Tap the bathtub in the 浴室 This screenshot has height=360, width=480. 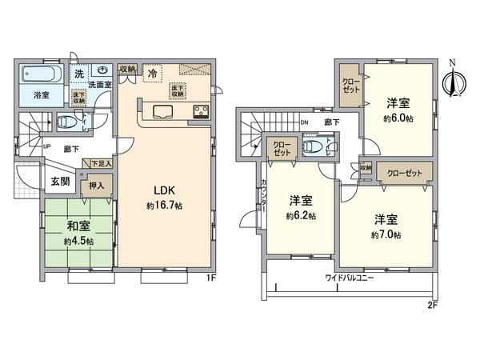pyautogui.click(x=39, y=78)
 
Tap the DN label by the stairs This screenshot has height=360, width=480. pyautogui.click(x=304, y=122)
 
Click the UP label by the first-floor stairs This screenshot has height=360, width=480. pyautogui.click(x=47, y=147)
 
